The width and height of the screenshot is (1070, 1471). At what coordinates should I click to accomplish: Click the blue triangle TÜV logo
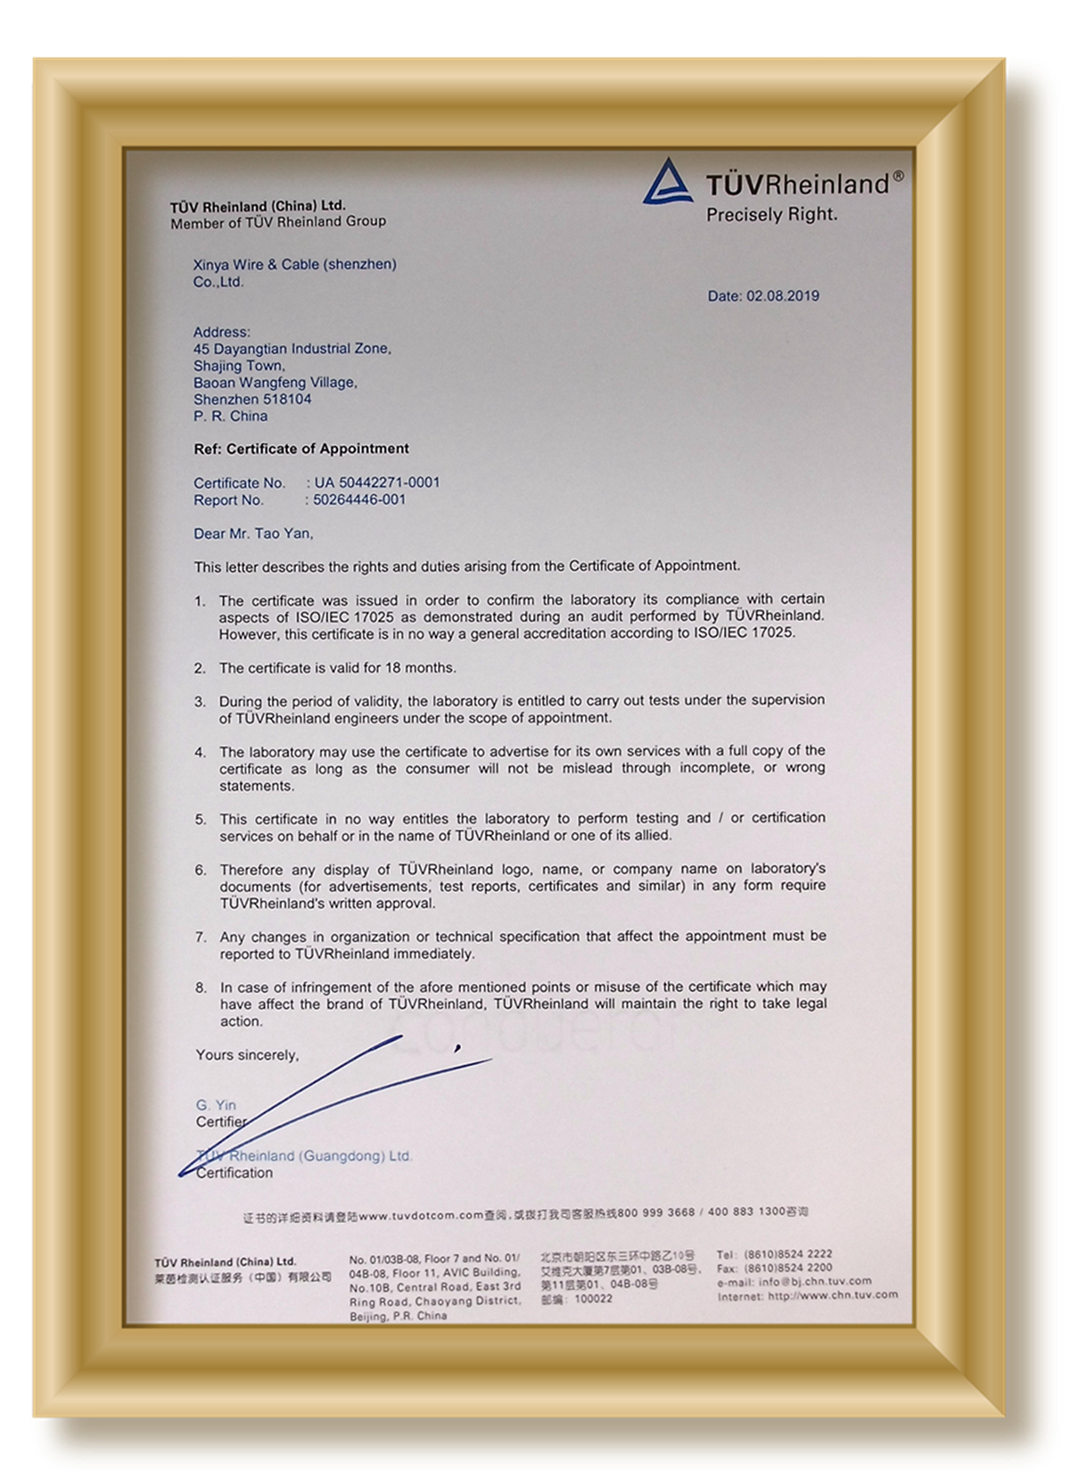[667, 182]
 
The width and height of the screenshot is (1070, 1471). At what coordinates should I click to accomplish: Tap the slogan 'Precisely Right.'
[771, 215]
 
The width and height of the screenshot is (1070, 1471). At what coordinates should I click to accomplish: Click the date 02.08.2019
[782, 296]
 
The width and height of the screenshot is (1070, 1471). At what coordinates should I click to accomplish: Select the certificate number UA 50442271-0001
[376, 483]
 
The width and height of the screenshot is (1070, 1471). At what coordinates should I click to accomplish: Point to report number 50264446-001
[358, 500]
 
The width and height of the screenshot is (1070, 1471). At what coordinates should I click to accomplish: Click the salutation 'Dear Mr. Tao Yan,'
[253, 533]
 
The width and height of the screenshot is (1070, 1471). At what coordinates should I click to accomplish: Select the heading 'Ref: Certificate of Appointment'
[301, 449]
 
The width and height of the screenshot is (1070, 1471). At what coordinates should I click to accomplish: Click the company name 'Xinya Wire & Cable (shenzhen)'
[295, 264]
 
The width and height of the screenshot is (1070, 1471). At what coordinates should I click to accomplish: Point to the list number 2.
[201, 668]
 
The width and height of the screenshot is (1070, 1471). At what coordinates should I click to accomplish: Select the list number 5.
[201, 819]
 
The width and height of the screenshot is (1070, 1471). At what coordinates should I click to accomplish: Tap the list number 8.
[201, 988]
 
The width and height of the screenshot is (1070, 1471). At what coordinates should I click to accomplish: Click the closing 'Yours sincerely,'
[247, 1055]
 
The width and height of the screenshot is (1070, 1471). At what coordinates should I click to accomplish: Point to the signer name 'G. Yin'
[216, 1105]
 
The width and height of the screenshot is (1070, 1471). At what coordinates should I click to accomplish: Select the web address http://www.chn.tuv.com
[833, 1295]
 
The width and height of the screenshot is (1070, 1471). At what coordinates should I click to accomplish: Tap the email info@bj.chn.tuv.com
[815, 1282]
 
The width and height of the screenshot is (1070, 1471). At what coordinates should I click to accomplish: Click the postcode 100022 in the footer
[593, 1299]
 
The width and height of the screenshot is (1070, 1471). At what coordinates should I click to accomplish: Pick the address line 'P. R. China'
[230, 417]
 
